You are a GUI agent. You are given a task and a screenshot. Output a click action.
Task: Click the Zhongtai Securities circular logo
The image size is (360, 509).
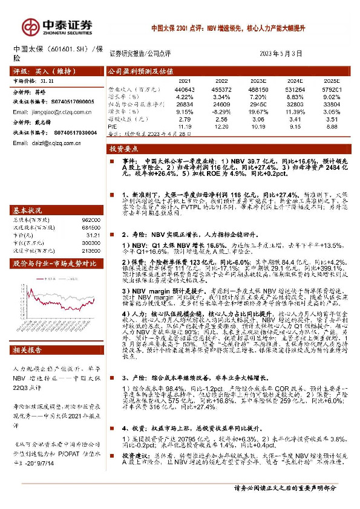(x=30, y=27)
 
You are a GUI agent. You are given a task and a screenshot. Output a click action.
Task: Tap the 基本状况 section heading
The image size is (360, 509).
(x=28, y=210)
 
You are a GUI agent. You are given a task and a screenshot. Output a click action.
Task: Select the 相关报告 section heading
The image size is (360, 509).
(x=28, y=349)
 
